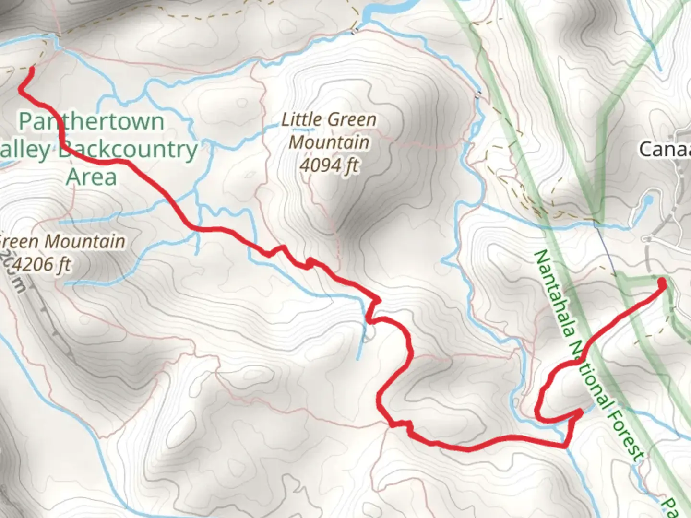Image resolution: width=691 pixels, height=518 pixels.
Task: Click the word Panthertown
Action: coord(91,121)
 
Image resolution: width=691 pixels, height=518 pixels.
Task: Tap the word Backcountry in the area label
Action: coord(129,150)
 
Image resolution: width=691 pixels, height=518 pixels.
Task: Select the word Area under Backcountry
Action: coord(91,177)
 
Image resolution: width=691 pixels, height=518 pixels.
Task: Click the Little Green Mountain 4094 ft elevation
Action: coord(329,165)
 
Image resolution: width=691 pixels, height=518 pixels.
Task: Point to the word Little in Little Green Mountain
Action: coord(301,119)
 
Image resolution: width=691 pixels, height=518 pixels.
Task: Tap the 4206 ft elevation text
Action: coord(43,264)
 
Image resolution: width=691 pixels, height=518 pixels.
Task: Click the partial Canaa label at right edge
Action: coord(665,149)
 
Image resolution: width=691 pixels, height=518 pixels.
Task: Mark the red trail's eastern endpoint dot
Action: coord(662,283)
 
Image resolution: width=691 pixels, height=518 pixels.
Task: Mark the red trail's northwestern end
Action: coord(32,70)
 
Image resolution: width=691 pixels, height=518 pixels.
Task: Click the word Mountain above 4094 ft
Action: coord(329,142)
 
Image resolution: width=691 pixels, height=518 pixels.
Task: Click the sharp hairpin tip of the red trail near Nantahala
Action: coord(581,412)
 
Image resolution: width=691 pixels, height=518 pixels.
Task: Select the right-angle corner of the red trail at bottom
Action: coord(567,446)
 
